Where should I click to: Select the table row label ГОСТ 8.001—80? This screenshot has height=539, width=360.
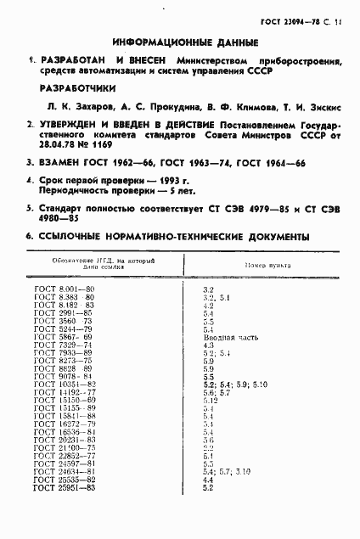(x=64, y=291)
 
